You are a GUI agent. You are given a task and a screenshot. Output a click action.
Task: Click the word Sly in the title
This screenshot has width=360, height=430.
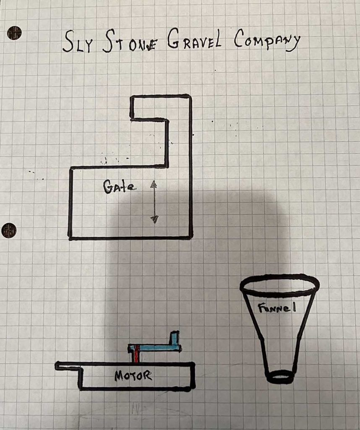(77, 42)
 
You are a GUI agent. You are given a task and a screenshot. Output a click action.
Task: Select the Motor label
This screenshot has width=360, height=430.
(133, 375)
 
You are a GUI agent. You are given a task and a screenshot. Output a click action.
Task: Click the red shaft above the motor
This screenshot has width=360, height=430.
(136, 354)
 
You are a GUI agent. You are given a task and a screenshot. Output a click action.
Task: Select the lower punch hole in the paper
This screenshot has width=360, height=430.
(9, 230)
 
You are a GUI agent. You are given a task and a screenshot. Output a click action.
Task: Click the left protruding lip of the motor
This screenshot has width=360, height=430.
(68, 366)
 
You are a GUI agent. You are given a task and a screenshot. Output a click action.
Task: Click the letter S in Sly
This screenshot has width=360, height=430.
(68, 41)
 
